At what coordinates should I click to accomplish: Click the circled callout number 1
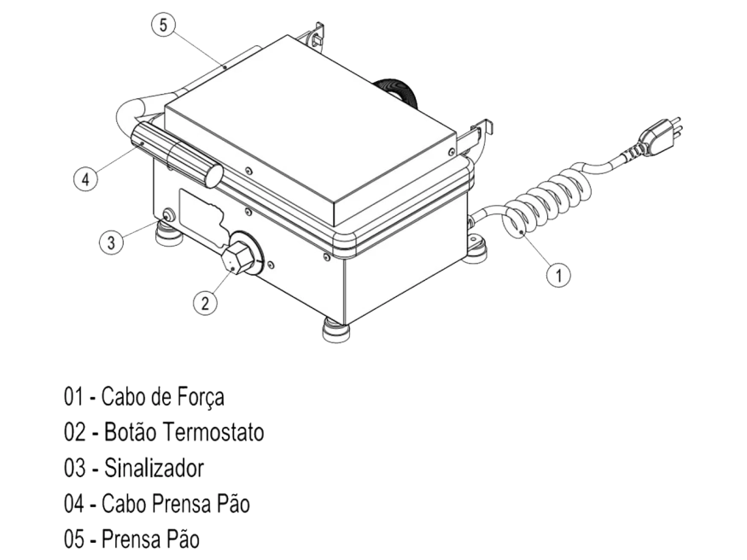(x=558, y=275)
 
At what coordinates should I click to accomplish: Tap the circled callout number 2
(x=206, y=302)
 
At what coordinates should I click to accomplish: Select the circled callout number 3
(x=111, y=242)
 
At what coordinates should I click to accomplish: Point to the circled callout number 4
(x=85, y=179)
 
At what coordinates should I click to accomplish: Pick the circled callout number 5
(x=163, y=25)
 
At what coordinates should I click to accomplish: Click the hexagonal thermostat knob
(x=236, y=257)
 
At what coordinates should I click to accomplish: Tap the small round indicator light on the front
(x=168, y=215)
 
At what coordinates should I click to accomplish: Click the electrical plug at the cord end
(x=660, y=136)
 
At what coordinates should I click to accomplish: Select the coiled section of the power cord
(x=548, y=203)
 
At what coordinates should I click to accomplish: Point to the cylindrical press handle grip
(x=176, y=154)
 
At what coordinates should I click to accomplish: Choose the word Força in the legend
(x=201, y=397)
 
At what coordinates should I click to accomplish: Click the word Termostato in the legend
(x=213, y=433)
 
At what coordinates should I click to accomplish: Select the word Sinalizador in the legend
(x=154, y=468)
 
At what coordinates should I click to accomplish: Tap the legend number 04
(x=75, y=504)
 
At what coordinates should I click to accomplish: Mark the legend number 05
(x=75, y=540)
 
